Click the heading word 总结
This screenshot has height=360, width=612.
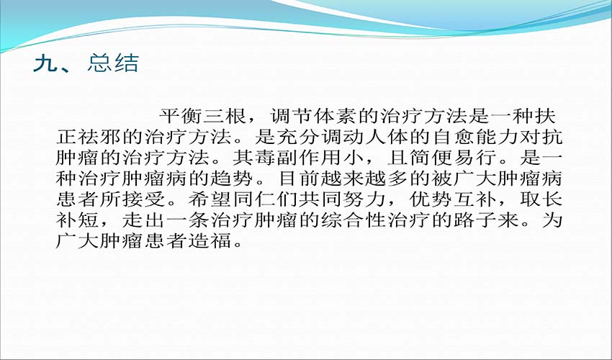click(113, 63)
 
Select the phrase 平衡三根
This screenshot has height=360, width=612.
click(202, 117)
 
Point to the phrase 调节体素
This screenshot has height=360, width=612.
click(313, 117)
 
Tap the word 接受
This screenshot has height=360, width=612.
click(145, 199)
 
